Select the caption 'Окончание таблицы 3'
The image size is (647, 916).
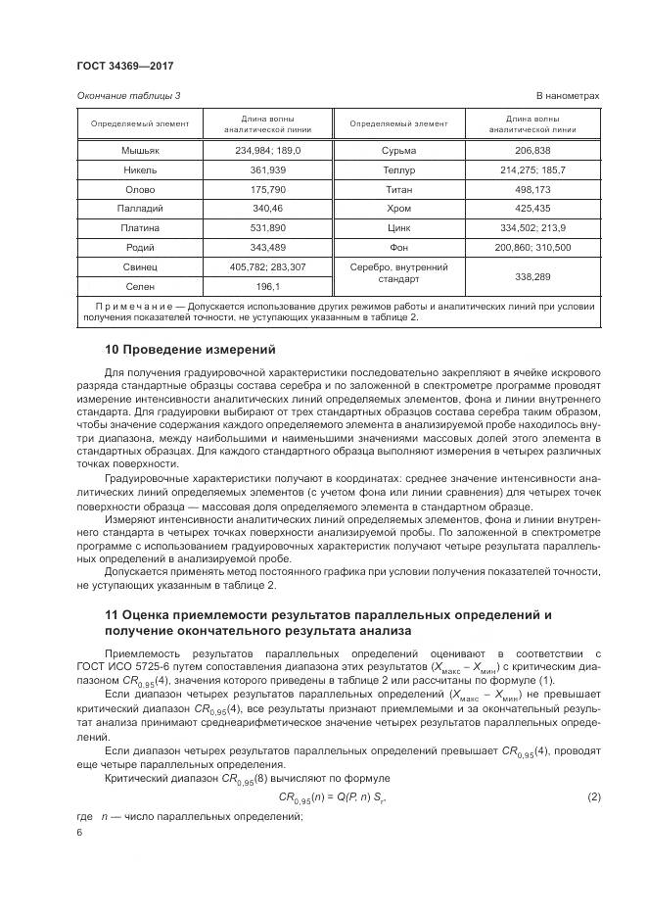pyautogui.click(x=128, y=95)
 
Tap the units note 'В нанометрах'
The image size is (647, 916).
pyautogui.click(x=568, y=95)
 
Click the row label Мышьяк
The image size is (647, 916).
pyautogui.click(x=140, y=151)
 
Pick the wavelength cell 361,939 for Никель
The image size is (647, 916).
pyautogui.click(x=268, y=169)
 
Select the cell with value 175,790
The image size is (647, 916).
pyautogui.click(x=268, y=189)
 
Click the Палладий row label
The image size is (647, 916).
pyautogui.click(x=140, y=209)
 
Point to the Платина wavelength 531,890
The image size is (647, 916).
pyautogui.click(x=268, y=227)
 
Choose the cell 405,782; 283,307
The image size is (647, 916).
pyautogui.click(x=268, y=266)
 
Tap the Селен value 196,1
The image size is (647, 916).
pyautogui.click(x=268, y=286)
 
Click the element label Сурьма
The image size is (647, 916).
pyautogui.click(x=398, y=151)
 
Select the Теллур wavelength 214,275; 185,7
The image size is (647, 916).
pyautogui.click(x=532, y=169)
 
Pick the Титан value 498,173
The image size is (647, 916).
pyautogui.click(x=532, y=189)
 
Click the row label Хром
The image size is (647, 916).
pyautogui.click(x=398, y=209)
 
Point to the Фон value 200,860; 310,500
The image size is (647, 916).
pyautogui.click(x=532, y=247)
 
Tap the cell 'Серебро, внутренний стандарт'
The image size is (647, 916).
pyautogui.click(x=398, y=272)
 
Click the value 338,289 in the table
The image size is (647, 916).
pyautogui.click(x=532, y=277)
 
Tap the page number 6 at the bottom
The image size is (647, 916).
pyautogui.click(x=79, y=832)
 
